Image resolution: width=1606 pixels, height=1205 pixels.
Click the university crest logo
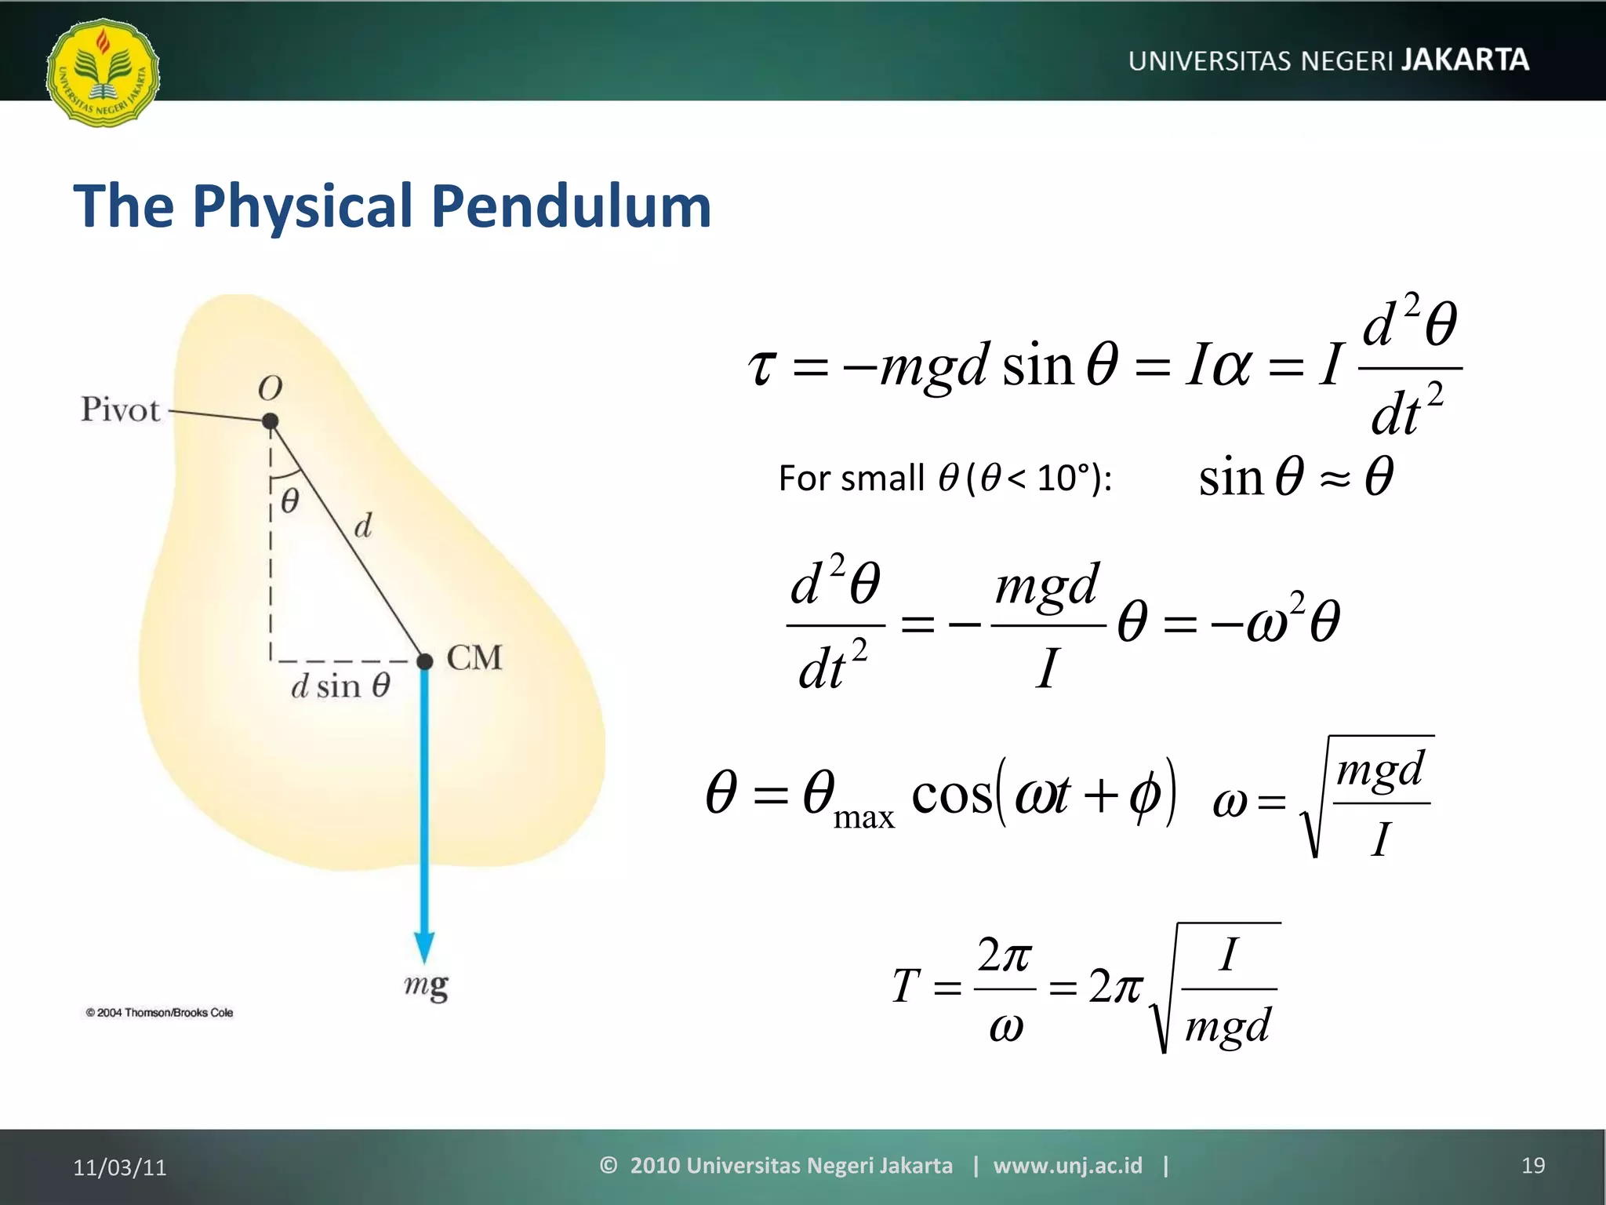103,72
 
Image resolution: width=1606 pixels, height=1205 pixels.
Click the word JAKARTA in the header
1465,60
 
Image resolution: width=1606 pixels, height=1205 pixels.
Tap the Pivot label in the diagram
120,410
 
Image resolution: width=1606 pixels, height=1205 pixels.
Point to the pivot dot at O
271,421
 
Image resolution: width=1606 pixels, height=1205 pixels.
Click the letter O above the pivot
270,388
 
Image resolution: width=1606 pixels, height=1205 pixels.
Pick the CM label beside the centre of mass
474,657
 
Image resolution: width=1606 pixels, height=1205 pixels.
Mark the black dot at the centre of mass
425,661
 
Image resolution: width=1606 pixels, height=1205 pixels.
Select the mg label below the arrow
426,986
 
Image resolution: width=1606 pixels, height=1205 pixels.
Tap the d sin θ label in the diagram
340,686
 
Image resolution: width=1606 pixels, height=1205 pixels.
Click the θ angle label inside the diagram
289,501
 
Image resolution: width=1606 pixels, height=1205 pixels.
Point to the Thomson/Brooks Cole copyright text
159,1013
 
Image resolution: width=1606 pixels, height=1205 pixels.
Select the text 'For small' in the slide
851,478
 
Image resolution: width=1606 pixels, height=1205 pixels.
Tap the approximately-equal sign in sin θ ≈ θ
1335,479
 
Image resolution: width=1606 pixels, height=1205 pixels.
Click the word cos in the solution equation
951,794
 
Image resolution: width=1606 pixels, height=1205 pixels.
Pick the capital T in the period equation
906,986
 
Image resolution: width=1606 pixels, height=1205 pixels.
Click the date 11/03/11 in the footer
120,1167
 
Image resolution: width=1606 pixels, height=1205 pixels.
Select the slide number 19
1533,1166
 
